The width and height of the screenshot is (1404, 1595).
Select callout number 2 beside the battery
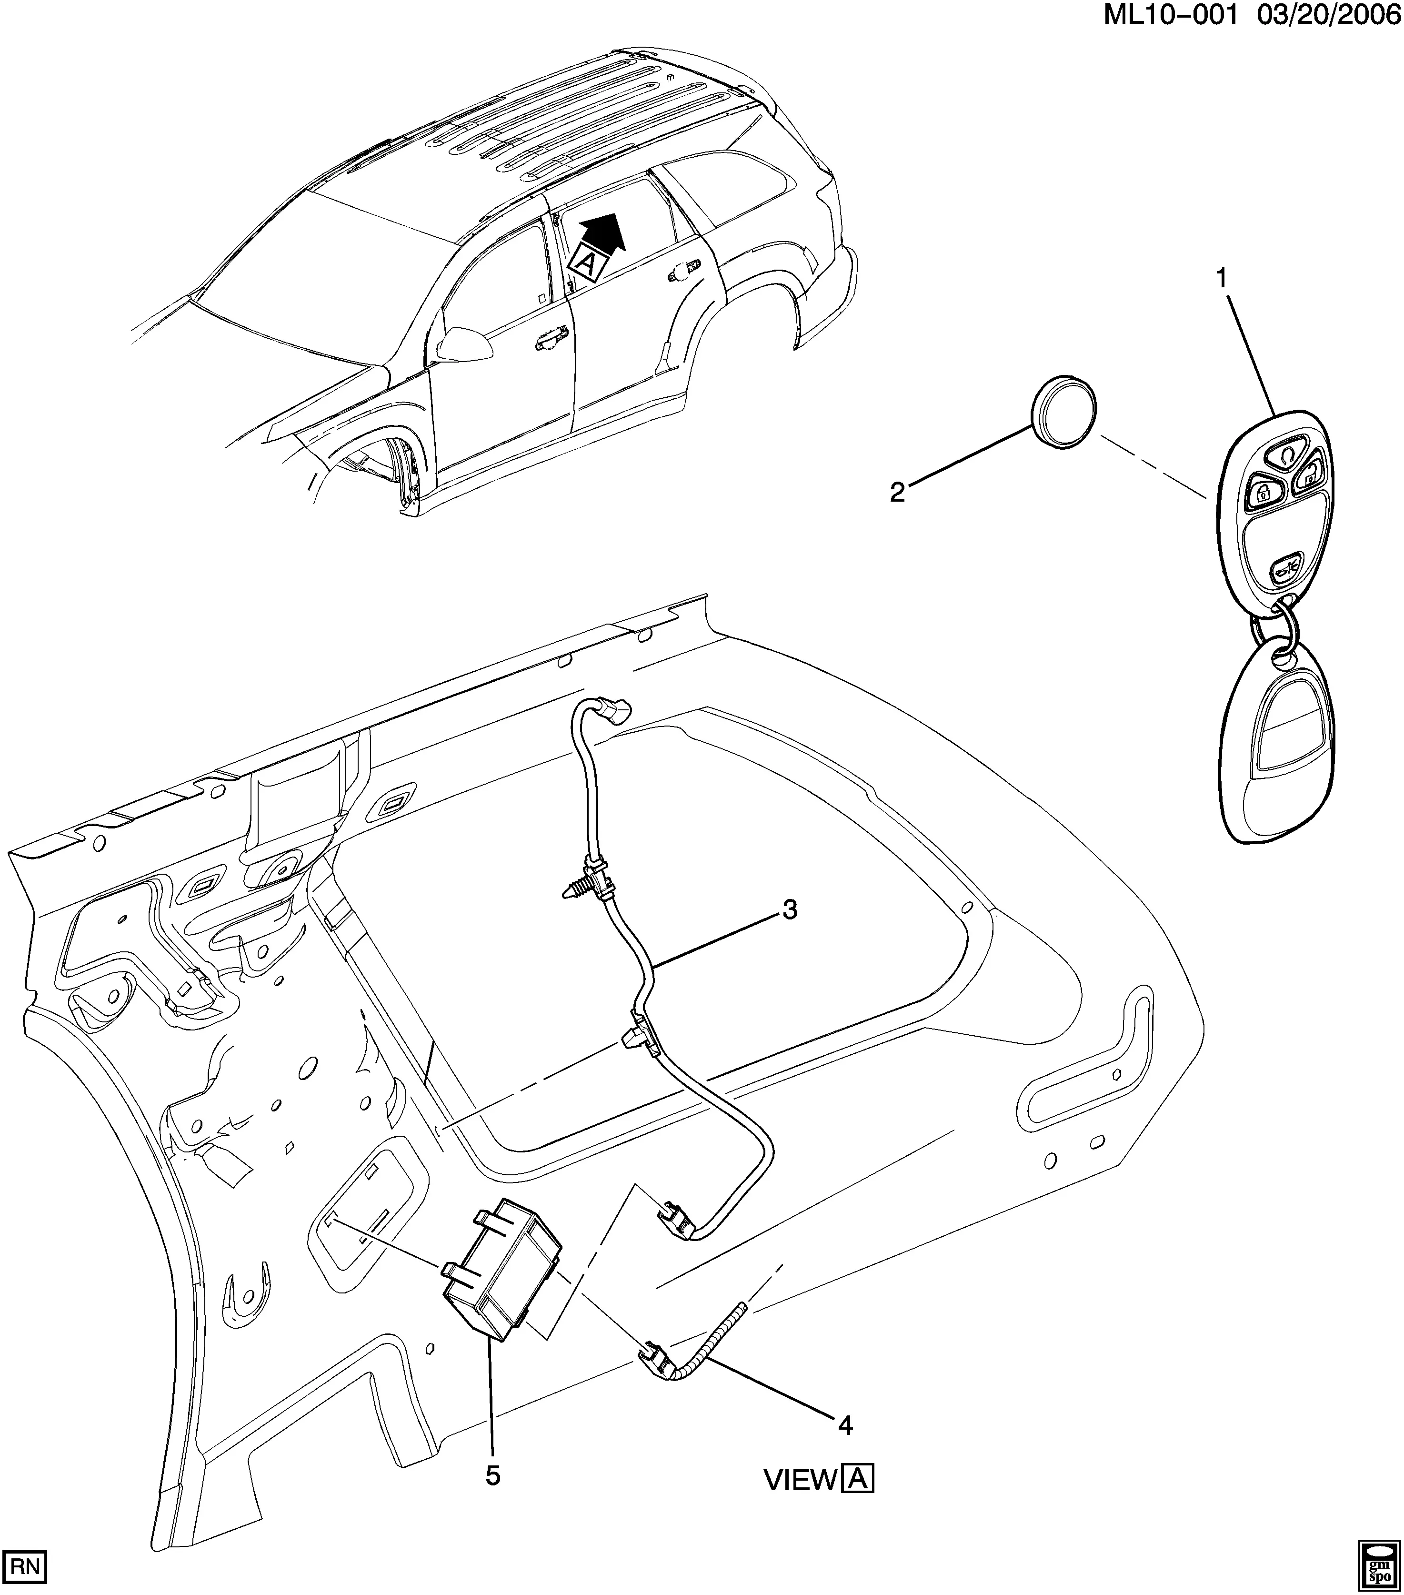click(x=898, y=493)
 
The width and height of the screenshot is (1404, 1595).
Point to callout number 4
click(x=845, y=1426)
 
